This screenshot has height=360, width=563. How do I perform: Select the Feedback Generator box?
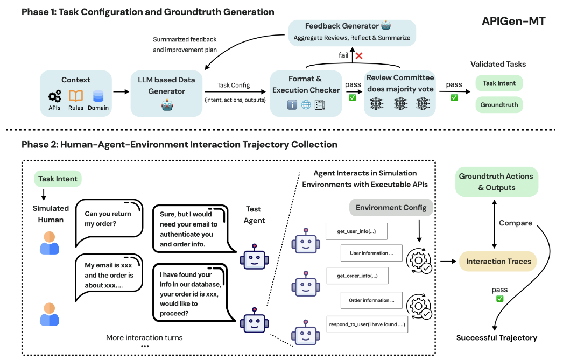pyautogui.click(x=351, y=32)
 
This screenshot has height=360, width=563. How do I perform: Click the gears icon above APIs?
pyautogui.click(x=54, y=96)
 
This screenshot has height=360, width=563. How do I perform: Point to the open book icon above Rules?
pyautogui.click(x=76, y=96)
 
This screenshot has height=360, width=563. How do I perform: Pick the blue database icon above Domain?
pyautogui.click(x=98, y=96)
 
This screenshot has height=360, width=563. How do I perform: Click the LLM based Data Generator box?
pyautogui.click(x=166, y=93)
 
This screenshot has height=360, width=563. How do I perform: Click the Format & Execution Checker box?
pyautogui.click(x=306, y=93)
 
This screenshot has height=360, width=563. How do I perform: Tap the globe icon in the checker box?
pyautogui.click(x=306, y=105)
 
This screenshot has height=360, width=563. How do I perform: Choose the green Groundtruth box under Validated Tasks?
pyautogui.click(x=499, y=105)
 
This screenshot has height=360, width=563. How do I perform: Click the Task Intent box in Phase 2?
pyautogui.click(x=58, y=179)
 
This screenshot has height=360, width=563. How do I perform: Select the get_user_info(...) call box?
pyautogui.click(x=356, y=232)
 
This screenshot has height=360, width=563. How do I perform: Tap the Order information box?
pyautogui.click(x=371, y=300)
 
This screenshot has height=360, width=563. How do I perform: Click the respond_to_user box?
pyautogui.click(x=367, y=325)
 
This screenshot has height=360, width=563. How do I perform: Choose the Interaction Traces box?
pyautogui.click(x=498, y=262)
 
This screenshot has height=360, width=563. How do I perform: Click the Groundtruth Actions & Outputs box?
pyautogui.click(x=496, y=182)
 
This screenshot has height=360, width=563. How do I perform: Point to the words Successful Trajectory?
pyautogui.click(x=496, y=338)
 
